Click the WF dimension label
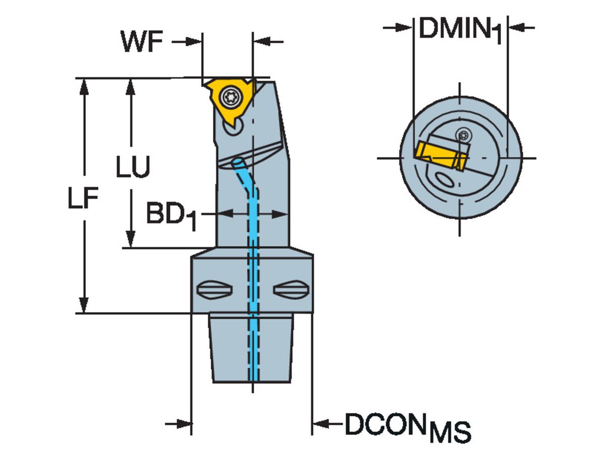(x=142, y=42)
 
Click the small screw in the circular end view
(x=464, y=135)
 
